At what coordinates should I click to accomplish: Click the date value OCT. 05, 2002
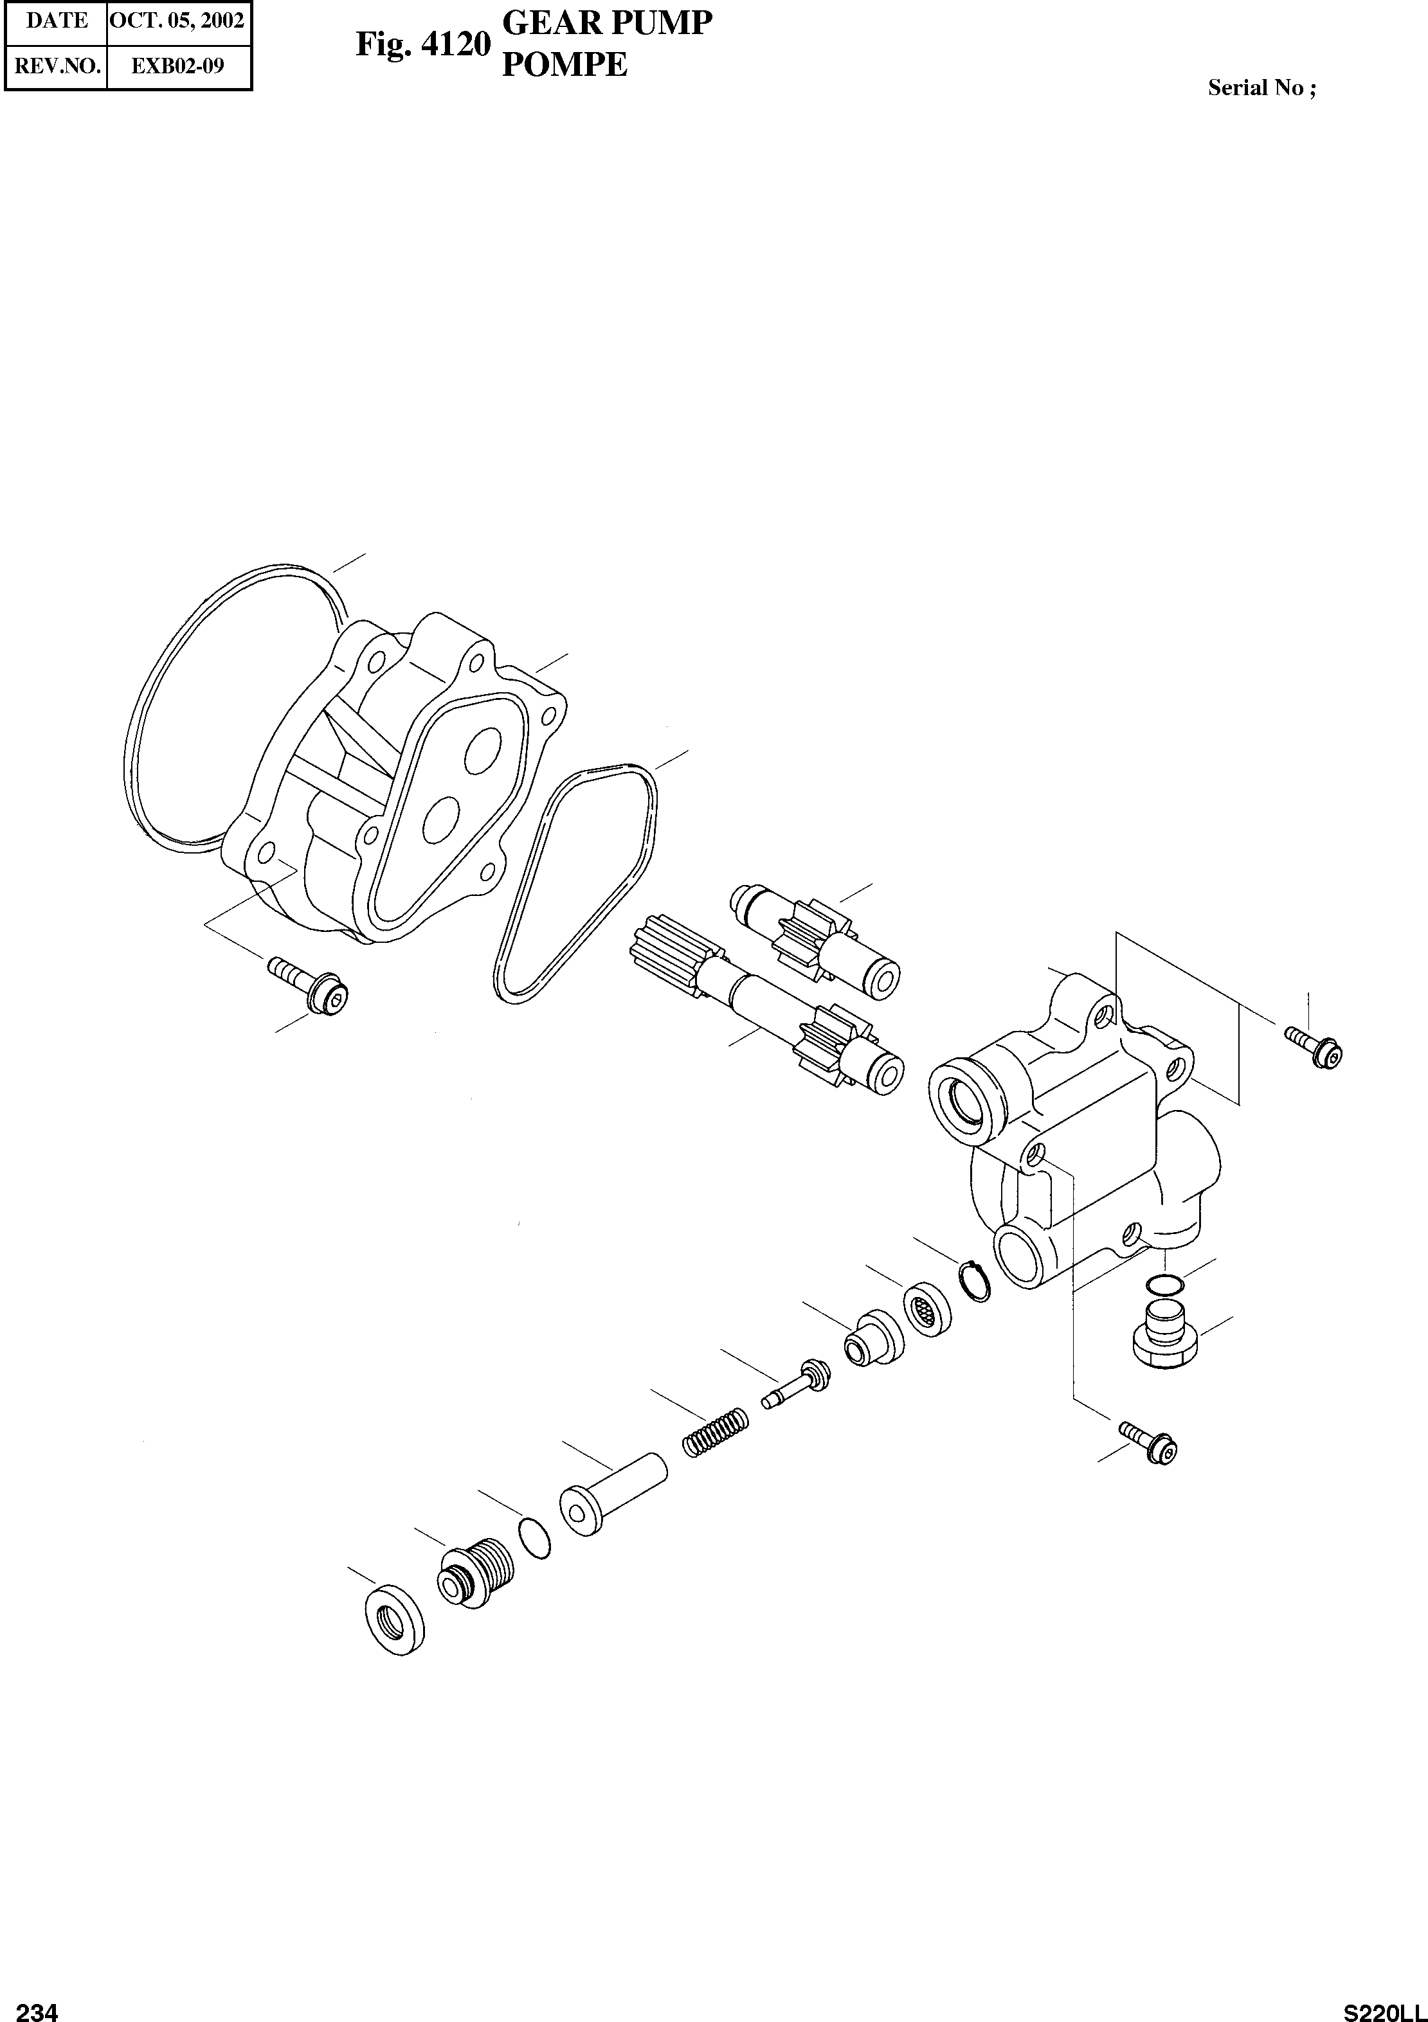coord(177,21)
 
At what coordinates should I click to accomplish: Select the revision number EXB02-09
coord(177,66)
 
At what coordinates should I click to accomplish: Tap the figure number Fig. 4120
coord(422,44)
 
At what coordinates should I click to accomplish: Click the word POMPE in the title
coord(565,65)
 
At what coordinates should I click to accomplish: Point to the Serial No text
coord(1261,88)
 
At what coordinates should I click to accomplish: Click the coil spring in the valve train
coord(716,1435)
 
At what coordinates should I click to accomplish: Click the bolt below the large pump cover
coord(309,985)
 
